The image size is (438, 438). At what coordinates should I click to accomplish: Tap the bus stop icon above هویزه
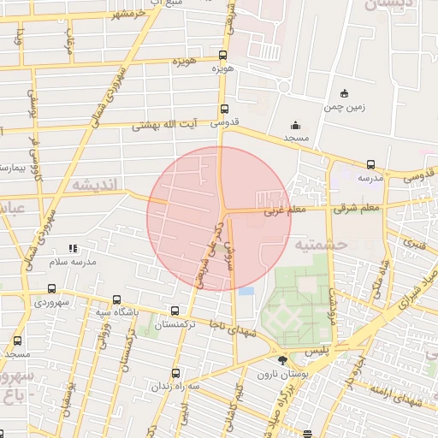click(225, 51)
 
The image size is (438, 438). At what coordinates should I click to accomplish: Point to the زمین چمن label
click(344, 108)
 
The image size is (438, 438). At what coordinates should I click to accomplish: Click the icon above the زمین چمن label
click(344, 93)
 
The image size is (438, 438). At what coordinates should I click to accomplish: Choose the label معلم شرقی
click(358, 206)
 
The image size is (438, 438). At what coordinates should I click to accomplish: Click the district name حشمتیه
click(319, 244)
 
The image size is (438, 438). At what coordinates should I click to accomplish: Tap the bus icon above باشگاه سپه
click(117, 300)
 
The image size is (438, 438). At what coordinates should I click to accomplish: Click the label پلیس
click(317, 352)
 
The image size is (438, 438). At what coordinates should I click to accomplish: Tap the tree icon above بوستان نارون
click(283, 360)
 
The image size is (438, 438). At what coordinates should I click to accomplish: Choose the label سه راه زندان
click(176, 387)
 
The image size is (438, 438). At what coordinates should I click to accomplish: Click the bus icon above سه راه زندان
click(175, 373)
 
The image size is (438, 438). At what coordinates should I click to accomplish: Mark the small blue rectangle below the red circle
click(246, 292)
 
